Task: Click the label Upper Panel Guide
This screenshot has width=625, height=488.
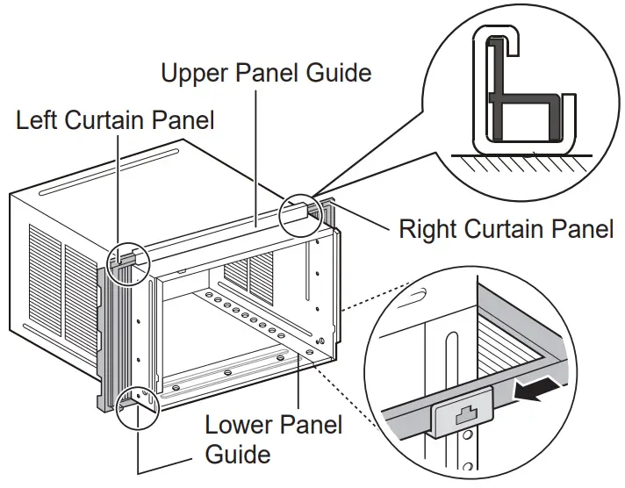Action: coord(265,73)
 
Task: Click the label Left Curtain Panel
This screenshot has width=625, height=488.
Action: coord(115,120)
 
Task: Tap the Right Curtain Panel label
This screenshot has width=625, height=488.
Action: coord(506,230)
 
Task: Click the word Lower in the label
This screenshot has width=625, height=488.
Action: coord(238,427)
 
